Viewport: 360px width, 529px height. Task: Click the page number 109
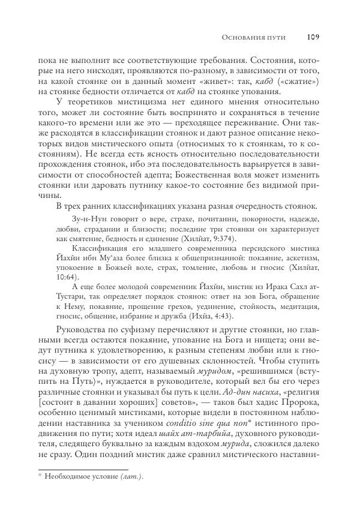pos(313,37)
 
